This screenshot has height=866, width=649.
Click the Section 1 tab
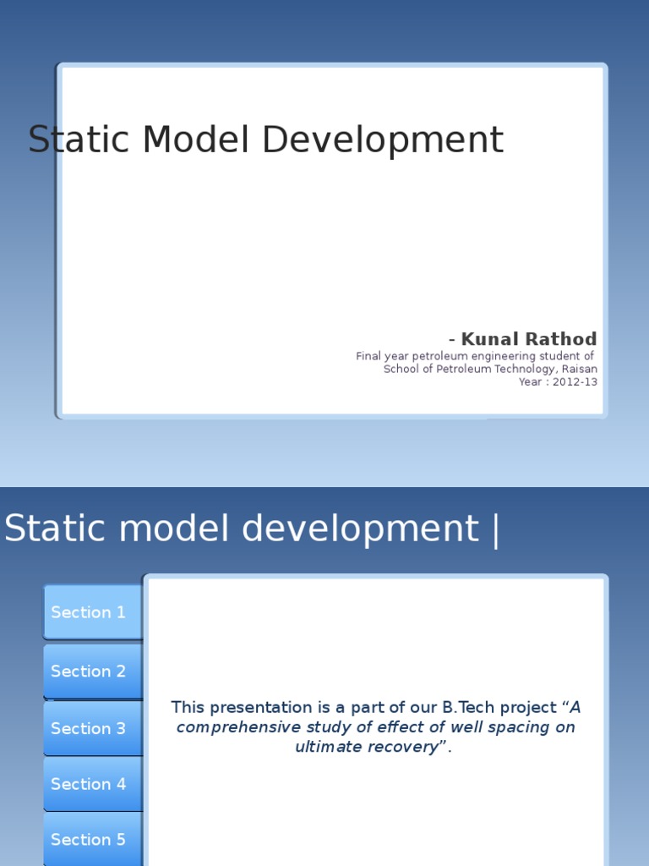[x=89, y=612]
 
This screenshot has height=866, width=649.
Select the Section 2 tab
[x=89, y=671]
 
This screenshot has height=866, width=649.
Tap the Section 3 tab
[x=89, y=728]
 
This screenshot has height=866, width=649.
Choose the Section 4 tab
[x=89, y=784]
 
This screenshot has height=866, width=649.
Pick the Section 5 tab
[x=89, y=840]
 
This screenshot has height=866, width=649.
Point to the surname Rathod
[x=561, y=339]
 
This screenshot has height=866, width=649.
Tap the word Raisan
[x=579, y=369]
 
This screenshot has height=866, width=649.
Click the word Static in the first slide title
[x=79, y=140]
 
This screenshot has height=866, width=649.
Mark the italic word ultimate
[x=330, y=747]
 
